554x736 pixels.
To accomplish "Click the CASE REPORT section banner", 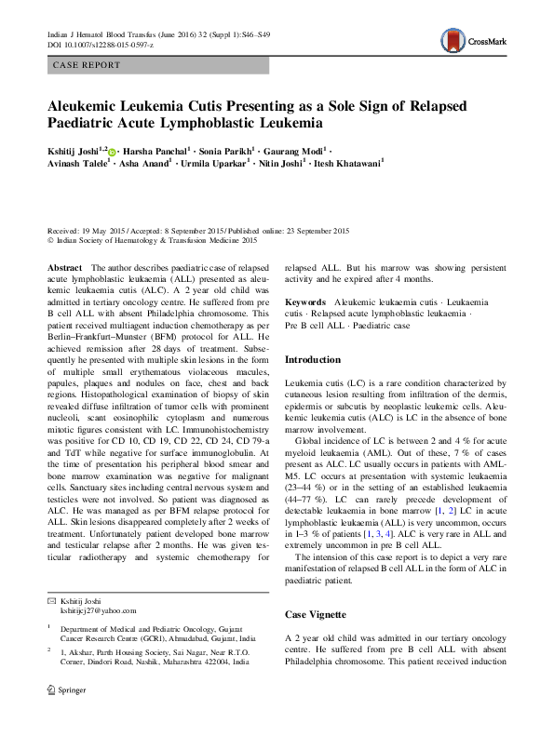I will click(87, 65).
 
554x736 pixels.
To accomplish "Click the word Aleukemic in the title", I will click(90, 105).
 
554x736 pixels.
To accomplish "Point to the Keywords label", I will click(304, 303).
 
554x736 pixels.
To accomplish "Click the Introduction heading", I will click(313, 359).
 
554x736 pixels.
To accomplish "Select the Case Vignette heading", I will click(315, 616).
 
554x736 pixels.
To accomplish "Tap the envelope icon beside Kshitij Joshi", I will click(52, 600).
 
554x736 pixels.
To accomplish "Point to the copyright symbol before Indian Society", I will click(51, 239).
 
